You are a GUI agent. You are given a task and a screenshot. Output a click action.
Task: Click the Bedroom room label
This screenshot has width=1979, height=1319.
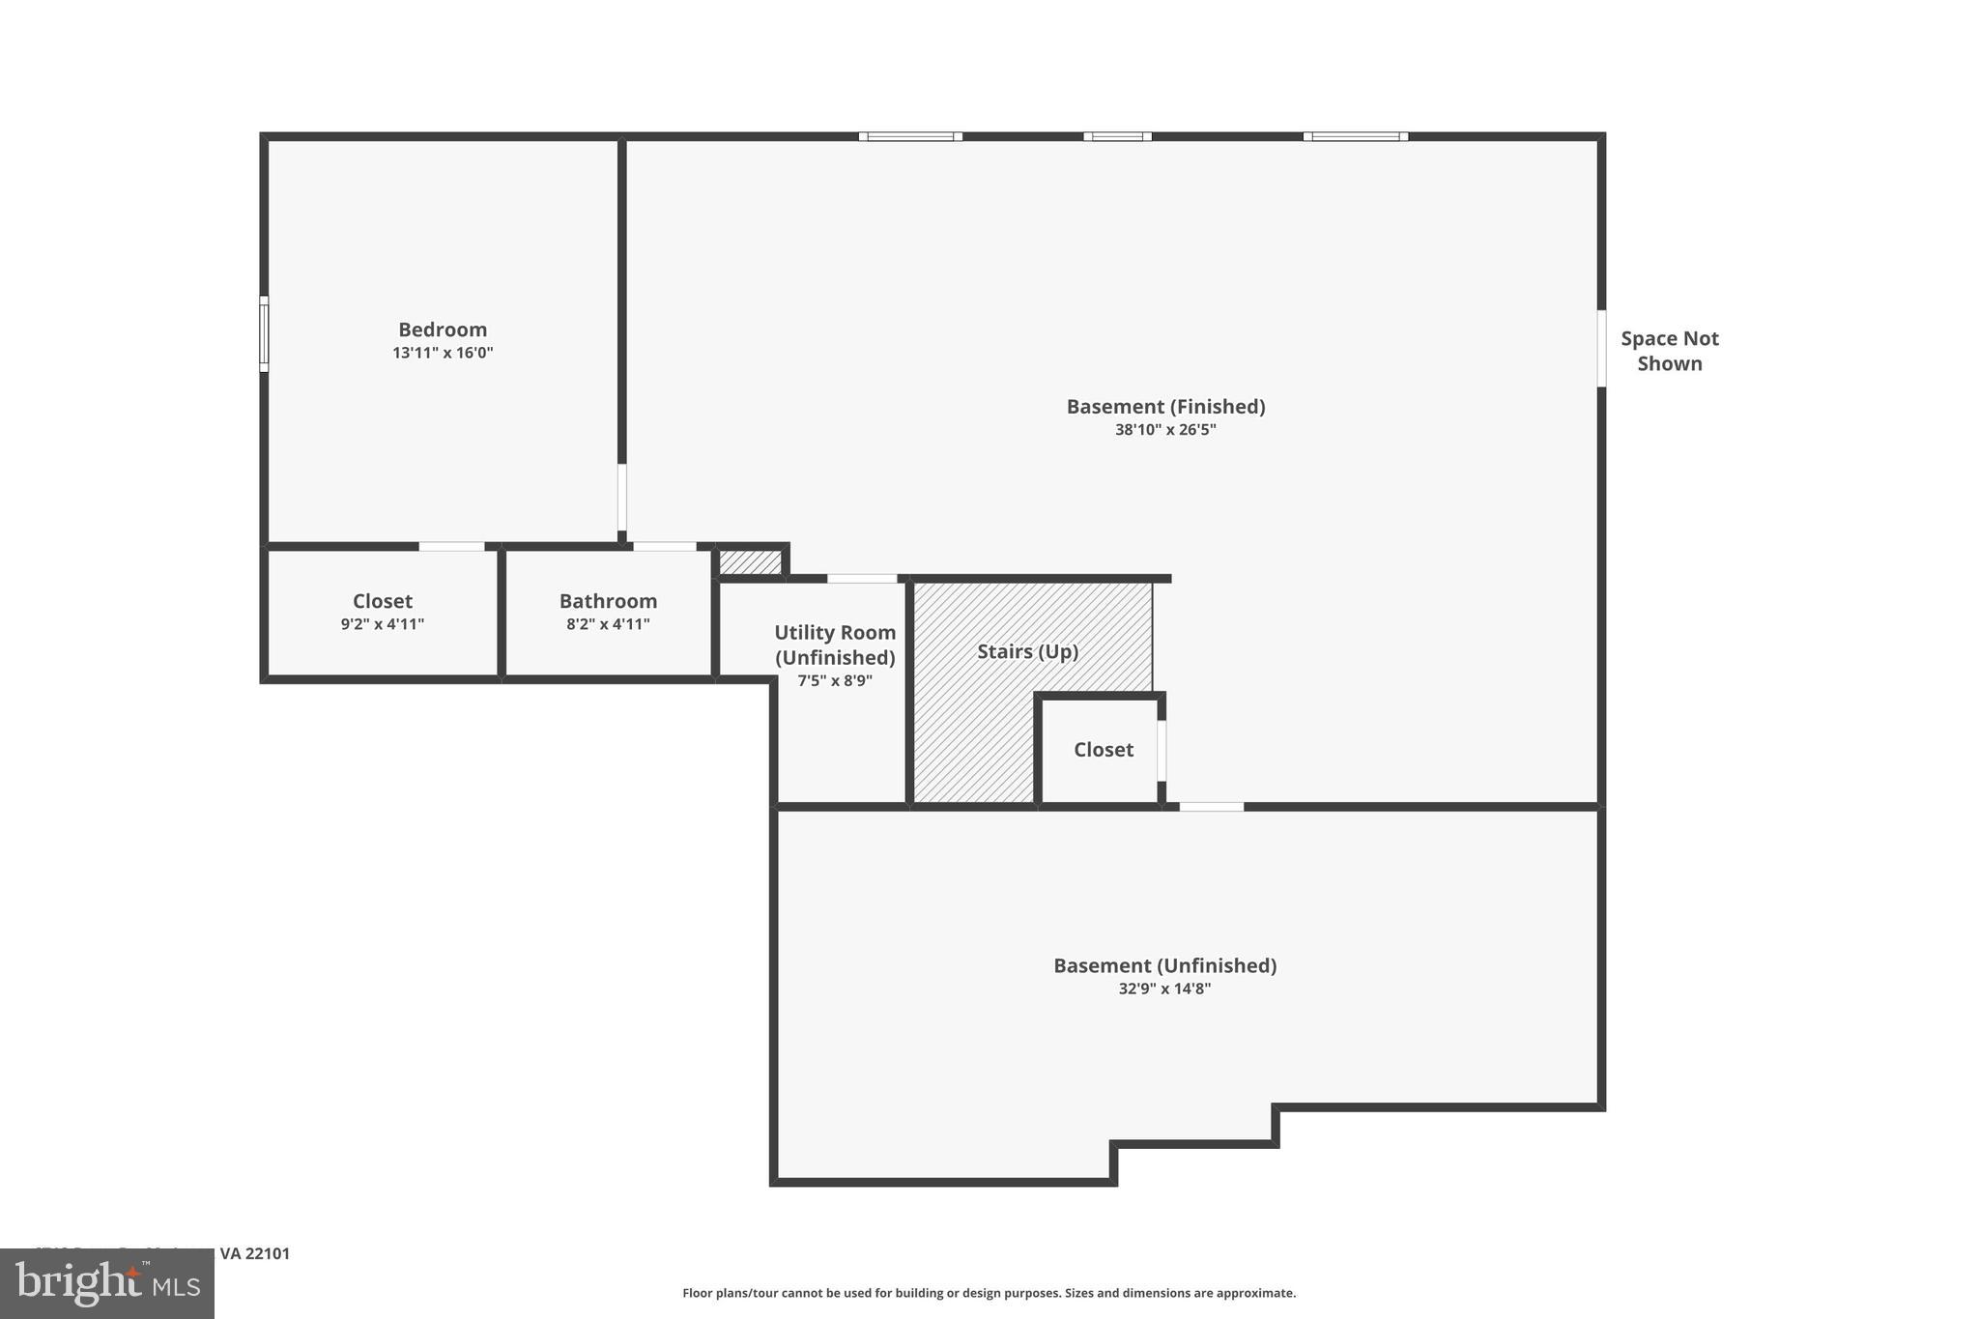443,330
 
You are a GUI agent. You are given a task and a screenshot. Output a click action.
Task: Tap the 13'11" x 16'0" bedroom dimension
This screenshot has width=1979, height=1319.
443,353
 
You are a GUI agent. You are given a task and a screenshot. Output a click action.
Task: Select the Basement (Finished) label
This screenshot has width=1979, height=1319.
1165,407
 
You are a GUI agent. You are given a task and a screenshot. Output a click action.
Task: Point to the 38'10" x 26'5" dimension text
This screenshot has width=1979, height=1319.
1165,430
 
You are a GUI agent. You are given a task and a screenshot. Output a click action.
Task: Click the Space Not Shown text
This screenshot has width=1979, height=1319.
1669,351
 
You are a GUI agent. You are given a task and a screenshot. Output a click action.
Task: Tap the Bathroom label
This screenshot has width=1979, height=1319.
608,601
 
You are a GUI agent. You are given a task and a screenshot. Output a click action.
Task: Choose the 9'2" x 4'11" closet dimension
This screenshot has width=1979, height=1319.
382,624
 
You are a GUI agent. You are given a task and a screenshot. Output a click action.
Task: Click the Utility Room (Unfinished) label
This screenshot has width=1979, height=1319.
835,645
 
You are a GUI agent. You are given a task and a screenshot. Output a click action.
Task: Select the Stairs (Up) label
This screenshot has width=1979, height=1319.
1027,651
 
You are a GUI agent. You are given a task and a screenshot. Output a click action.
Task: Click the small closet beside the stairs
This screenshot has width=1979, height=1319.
1103,750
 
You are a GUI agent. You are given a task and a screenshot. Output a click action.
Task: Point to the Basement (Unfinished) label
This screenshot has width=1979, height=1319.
1164,965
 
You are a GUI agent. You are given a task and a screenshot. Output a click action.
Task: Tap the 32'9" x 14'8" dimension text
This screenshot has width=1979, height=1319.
1164,989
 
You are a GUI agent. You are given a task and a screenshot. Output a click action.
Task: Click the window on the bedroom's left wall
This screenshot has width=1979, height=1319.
264,333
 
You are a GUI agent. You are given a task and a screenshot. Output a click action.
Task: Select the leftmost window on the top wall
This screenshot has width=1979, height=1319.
910,136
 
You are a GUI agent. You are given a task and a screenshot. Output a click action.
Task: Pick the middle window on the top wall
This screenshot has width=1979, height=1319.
1117,136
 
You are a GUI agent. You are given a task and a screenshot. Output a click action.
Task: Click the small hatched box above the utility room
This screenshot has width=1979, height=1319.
750,561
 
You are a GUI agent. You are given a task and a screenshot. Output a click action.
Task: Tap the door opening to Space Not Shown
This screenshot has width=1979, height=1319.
1601,348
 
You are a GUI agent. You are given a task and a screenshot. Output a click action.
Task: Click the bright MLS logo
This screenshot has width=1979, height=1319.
107,1283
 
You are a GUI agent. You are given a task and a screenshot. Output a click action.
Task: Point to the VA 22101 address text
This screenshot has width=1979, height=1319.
255,1253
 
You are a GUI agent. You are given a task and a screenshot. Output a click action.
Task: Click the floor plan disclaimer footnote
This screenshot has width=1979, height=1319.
989,1293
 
